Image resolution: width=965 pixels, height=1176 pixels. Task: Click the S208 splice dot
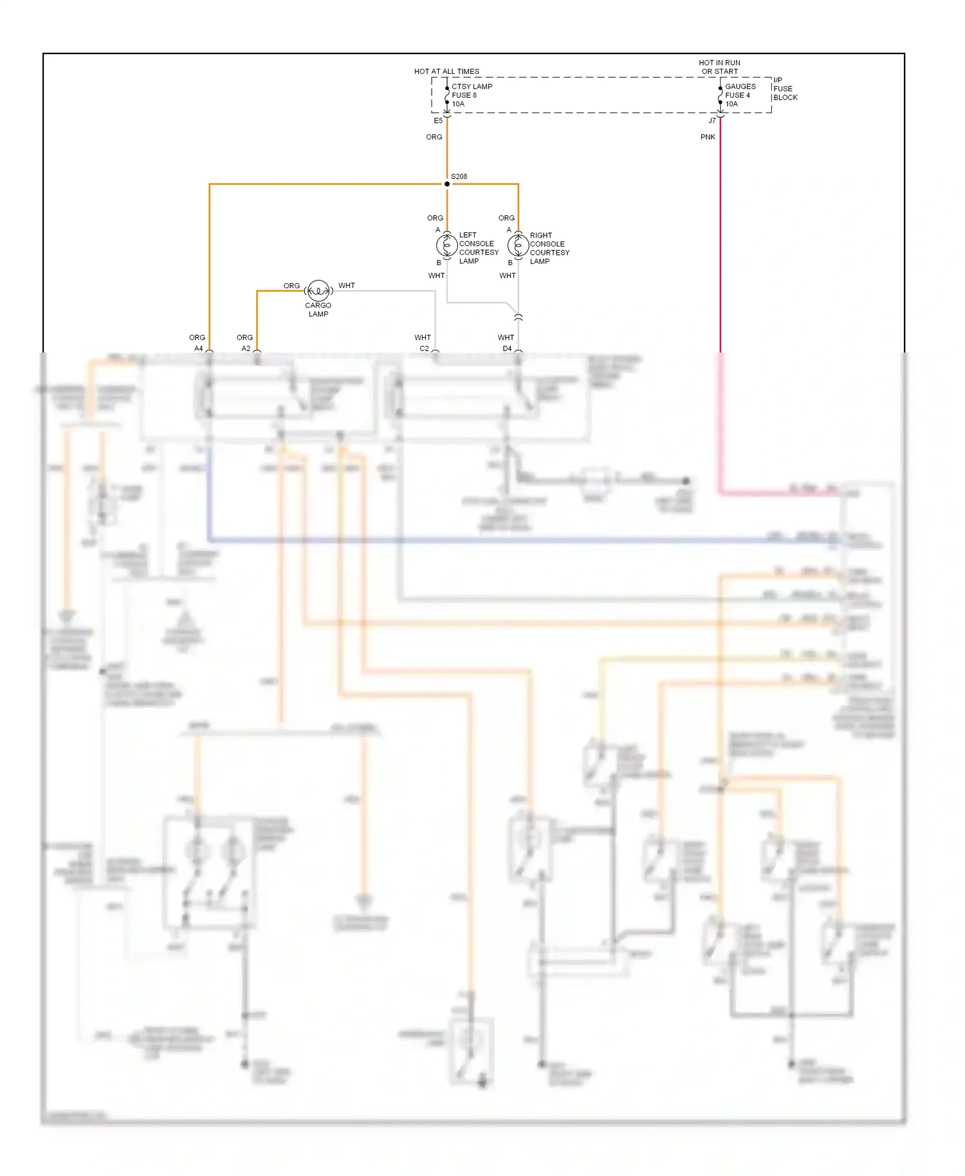[447, 184]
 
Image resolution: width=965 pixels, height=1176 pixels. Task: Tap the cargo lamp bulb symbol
[318, 291]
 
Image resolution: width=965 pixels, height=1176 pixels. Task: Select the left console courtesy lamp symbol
[446, 245]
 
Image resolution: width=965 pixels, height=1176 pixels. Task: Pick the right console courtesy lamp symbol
[518, 245]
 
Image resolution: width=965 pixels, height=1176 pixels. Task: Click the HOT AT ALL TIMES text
[446, 71]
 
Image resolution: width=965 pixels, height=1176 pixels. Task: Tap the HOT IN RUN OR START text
[719, 67]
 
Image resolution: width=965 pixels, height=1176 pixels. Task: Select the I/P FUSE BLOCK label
[785, 89]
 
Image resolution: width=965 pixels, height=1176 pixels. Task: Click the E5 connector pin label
[438, 121]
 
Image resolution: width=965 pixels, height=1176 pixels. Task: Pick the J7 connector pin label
[712, 121]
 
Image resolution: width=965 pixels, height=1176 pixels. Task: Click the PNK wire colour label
[708, 137]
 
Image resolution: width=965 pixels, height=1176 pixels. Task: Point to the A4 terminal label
[199, 349]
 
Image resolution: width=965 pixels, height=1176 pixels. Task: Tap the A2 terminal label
[246, 349]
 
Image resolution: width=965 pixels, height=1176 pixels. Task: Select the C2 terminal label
[424, 349]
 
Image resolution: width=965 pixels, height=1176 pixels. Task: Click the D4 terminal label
[507, 349]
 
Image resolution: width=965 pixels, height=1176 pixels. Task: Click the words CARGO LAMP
[318, 310]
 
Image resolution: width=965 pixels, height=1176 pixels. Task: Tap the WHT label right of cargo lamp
[347, 286]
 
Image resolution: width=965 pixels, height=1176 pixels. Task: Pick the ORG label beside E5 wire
[434, 137]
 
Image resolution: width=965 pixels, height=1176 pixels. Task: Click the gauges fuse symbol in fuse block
[720, 95]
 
